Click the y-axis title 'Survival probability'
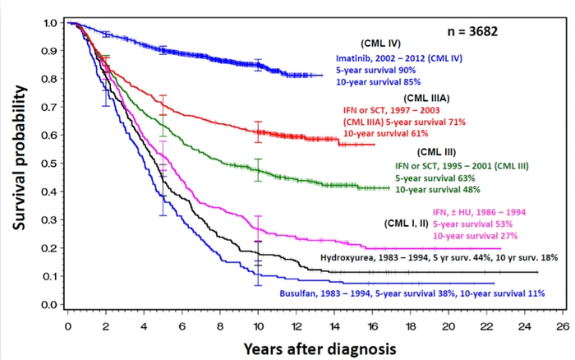point(17,164)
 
